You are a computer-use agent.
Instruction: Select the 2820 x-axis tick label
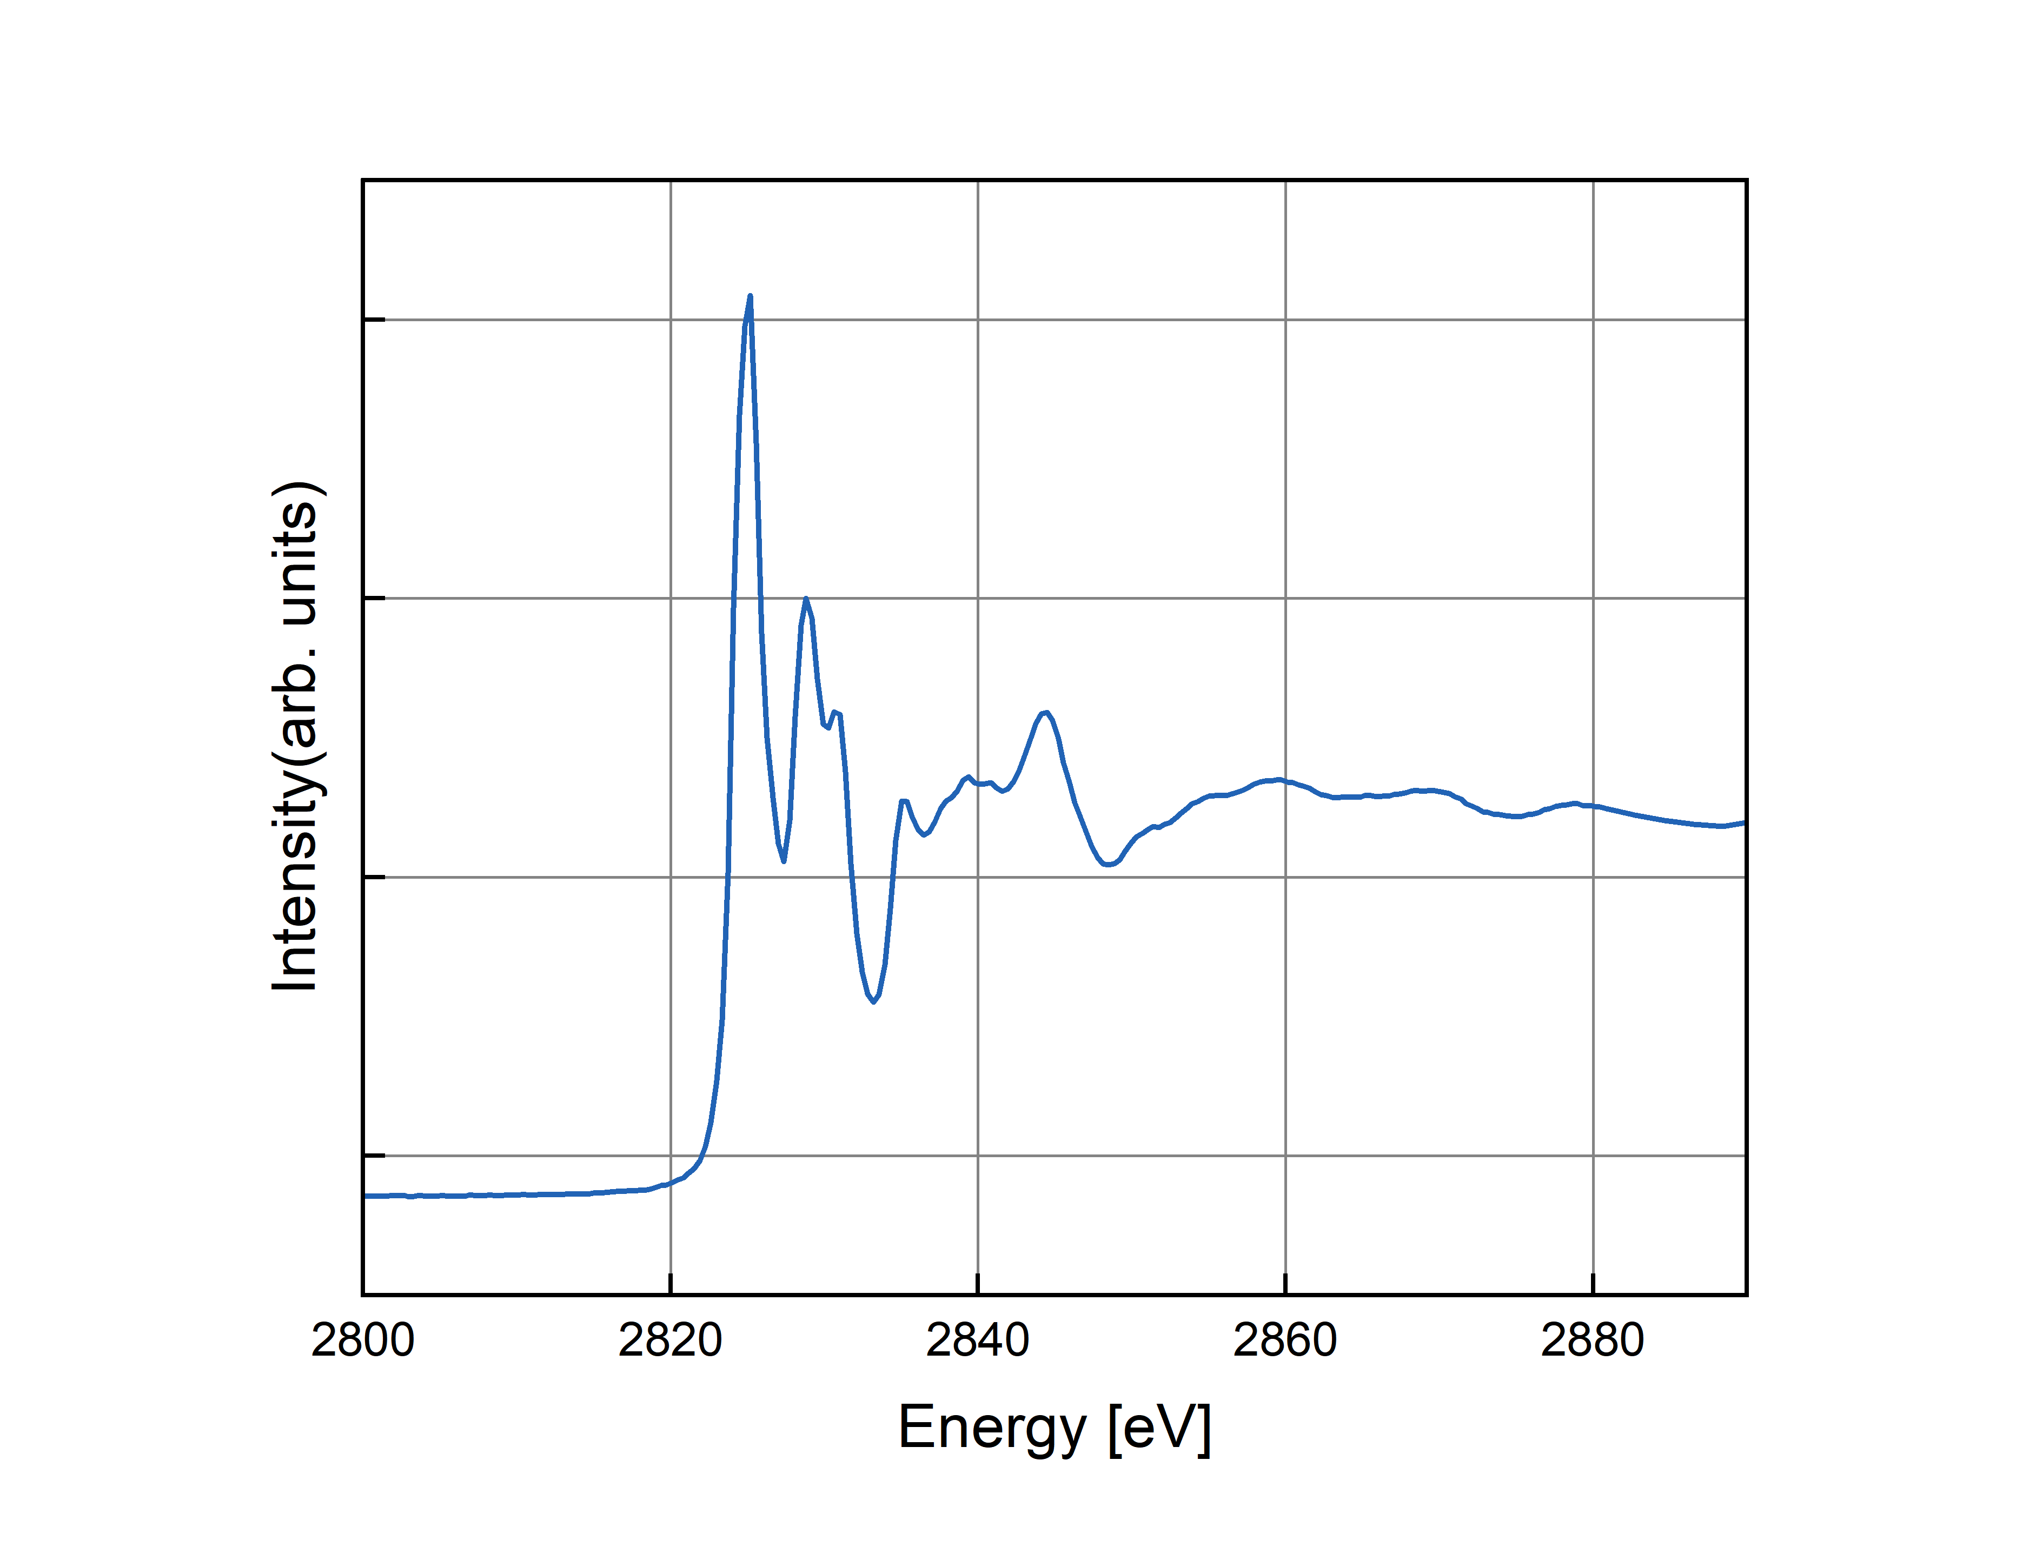click(x=669, y=1340)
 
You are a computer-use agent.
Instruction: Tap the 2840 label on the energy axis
click(x=977, y=1340)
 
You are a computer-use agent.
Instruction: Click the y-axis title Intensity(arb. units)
click(x=296, y=736)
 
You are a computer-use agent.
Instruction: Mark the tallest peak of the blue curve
click(x=750, y=297)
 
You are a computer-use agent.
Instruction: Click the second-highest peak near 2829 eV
click(x=806, y=599)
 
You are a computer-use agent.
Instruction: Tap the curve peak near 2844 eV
click(x=1045, y=713)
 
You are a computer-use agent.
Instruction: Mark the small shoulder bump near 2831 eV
click(x=836, y=713)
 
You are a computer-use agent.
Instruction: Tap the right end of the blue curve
click(x=1743, y=822)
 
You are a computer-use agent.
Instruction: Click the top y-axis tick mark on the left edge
click(x=374, y=320)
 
